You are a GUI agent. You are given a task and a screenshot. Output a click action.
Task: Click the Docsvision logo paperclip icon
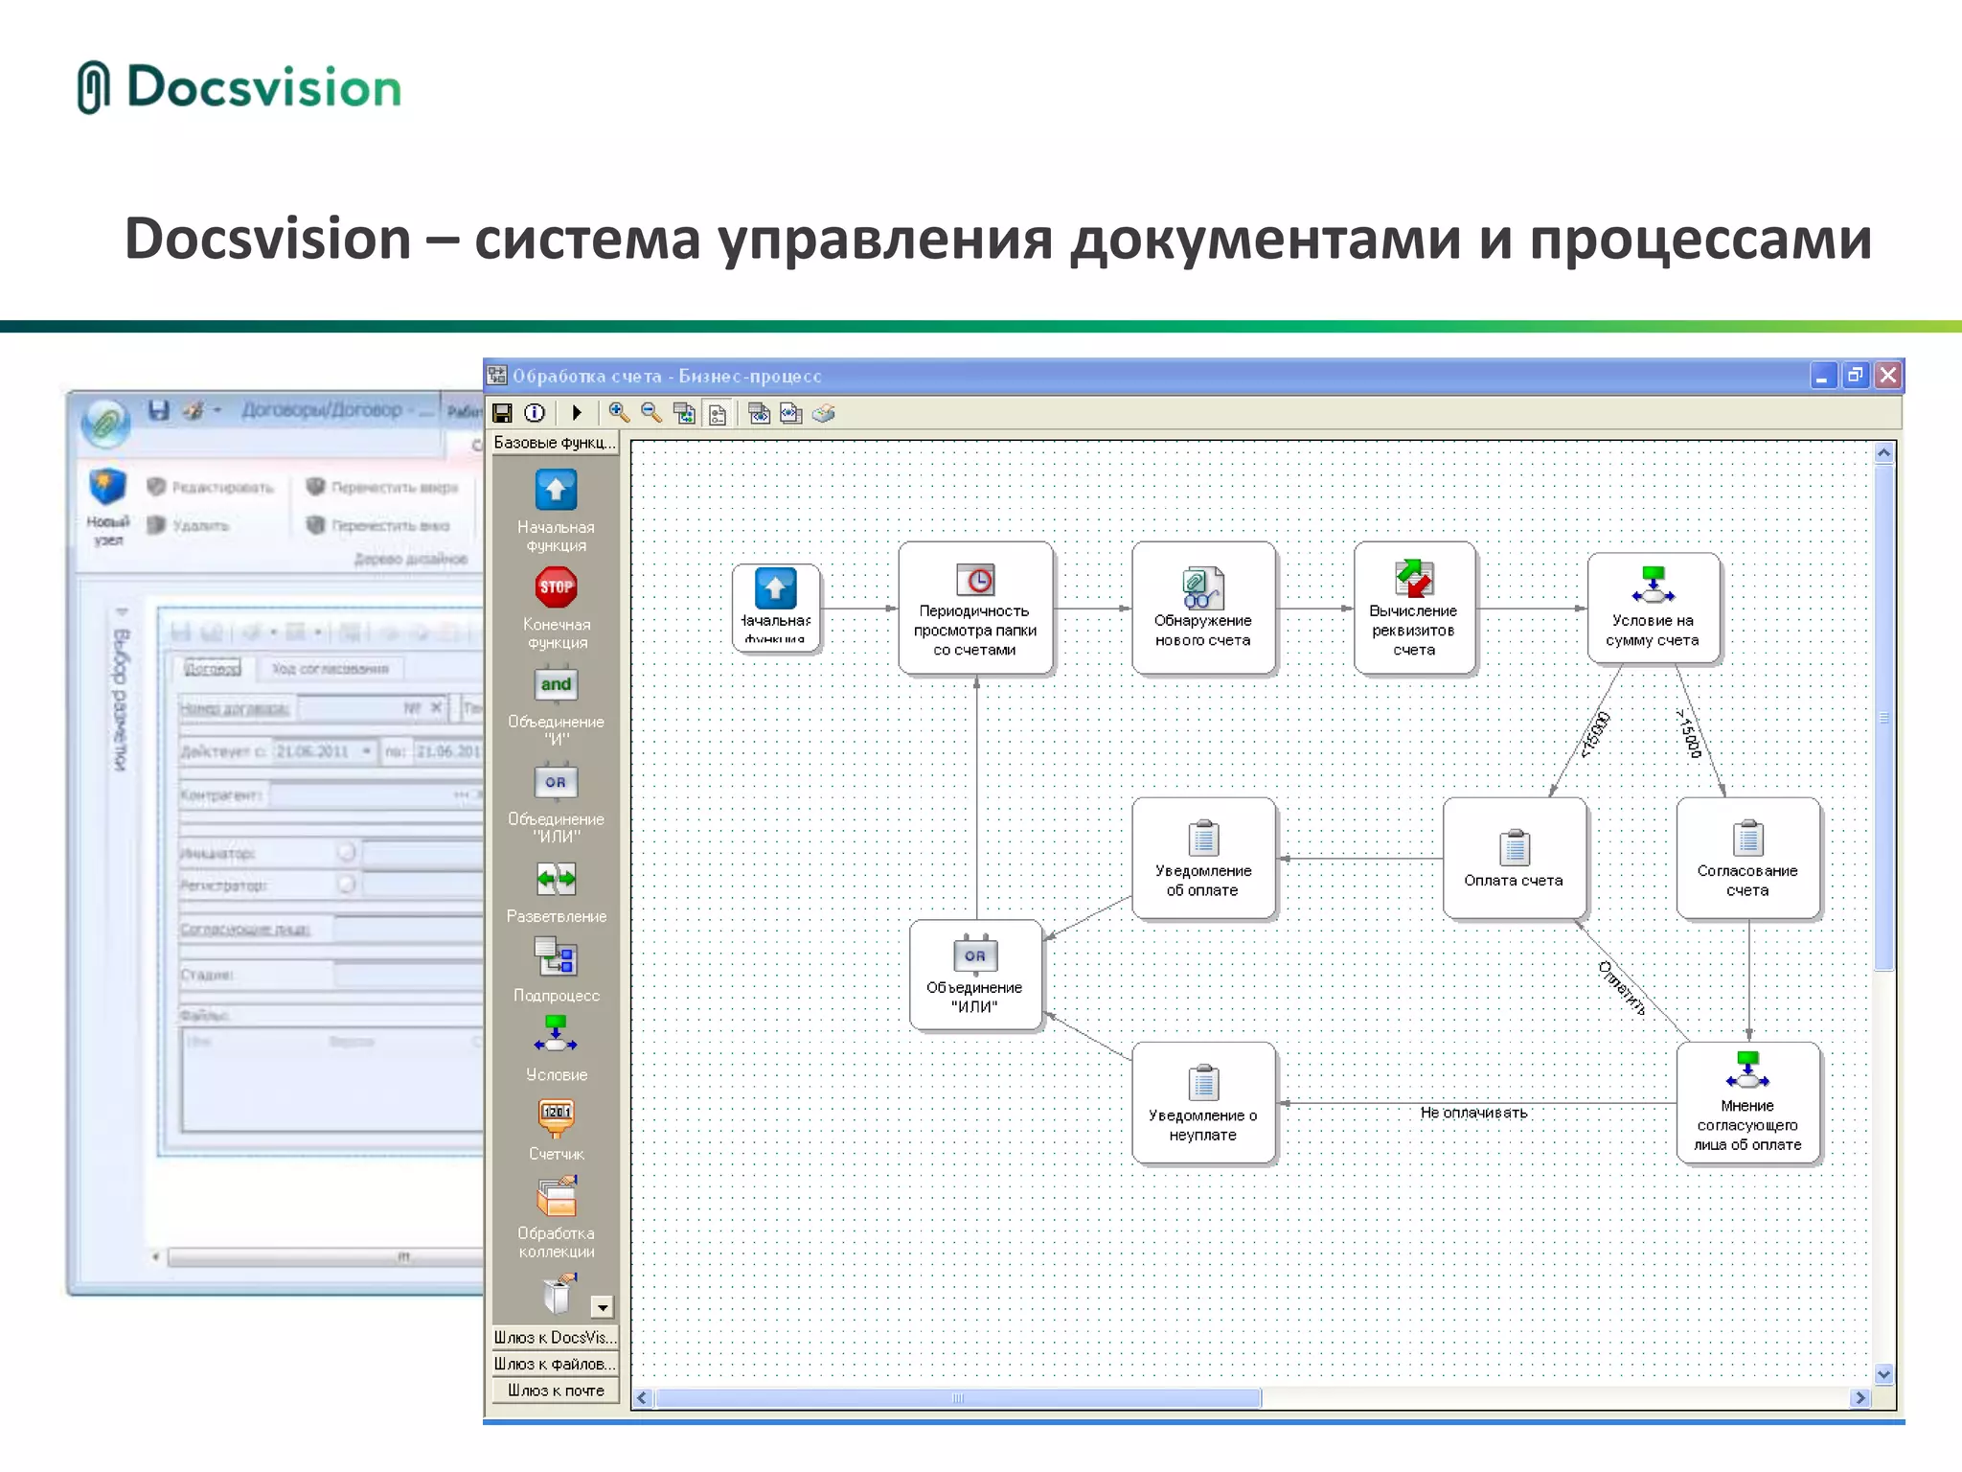click(x=93, y=87)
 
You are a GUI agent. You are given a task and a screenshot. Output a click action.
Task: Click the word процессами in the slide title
click(x=1700, y=240)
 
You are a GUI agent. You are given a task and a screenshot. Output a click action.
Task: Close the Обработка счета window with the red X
click(x=1887, y=376)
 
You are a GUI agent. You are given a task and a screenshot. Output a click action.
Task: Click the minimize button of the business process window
click(x=1821, y=376)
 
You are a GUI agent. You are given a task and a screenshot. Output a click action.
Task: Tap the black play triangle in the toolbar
click(x=576, y=413)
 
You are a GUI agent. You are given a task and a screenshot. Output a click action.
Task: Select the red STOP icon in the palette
click(x=556, y=587)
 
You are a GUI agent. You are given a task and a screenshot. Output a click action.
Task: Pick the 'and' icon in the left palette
click(x=556, y=684)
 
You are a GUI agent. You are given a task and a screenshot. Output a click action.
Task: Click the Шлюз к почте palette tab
click(x=556, y=1391)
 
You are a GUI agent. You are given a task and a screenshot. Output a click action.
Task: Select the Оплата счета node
click(x=1514, y=859)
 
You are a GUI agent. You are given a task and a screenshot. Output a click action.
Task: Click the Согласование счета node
click(x=1747, y=859)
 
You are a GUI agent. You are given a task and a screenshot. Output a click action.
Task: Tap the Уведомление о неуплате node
click(x=1203, y=1103)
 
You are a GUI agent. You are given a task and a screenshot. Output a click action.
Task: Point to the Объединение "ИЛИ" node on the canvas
click(x=975, y=976)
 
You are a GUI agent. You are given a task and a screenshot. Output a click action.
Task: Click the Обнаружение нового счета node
click(x=1203, y=608)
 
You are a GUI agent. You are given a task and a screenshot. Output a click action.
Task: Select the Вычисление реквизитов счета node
click(x=1414, y=608)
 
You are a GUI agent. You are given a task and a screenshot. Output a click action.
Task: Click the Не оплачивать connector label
click(x=1473, y=1113)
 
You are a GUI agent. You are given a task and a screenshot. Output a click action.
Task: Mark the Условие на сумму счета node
click(x=1653, y=608)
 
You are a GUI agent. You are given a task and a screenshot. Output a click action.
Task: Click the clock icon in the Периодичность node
click(x=976, y=580)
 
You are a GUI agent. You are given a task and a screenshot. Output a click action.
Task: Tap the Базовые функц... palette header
click(x=555, y=443)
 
